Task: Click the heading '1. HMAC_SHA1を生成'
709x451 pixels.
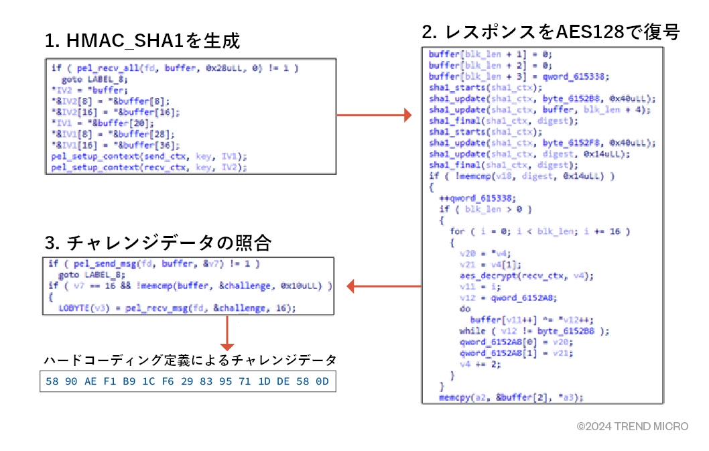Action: coord(142,42)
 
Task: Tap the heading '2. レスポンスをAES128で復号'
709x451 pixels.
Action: coord(551,31)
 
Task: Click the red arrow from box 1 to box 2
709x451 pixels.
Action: coord(373,116)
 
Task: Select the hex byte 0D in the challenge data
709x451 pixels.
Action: coord(322,381)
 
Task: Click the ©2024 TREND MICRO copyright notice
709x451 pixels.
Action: coord(633,426)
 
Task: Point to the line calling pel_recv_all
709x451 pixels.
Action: coord(175,68)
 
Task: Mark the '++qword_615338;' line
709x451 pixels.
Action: coord(476,198)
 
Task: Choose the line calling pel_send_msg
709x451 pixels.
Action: coord(154,264)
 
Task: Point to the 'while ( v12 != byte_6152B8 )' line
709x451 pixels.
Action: coord(535,331)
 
